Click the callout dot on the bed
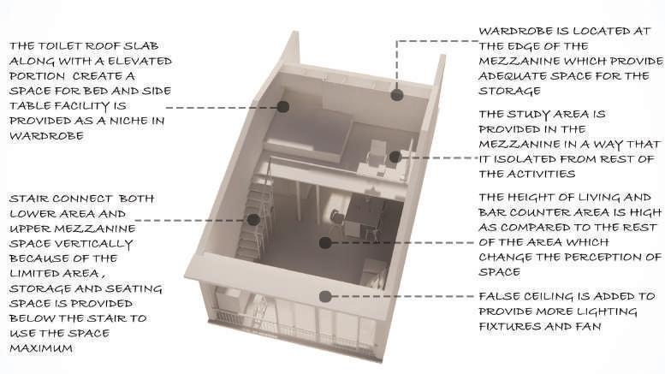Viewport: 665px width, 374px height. point(283,107)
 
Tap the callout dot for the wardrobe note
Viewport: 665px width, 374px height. point(396,95)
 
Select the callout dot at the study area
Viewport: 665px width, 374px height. point(395,157)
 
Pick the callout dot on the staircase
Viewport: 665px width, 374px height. point(253,220)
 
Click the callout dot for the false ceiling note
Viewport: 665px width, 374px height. point(324,297)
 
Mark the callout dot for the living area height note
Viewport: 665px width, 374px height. point(325,243)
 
